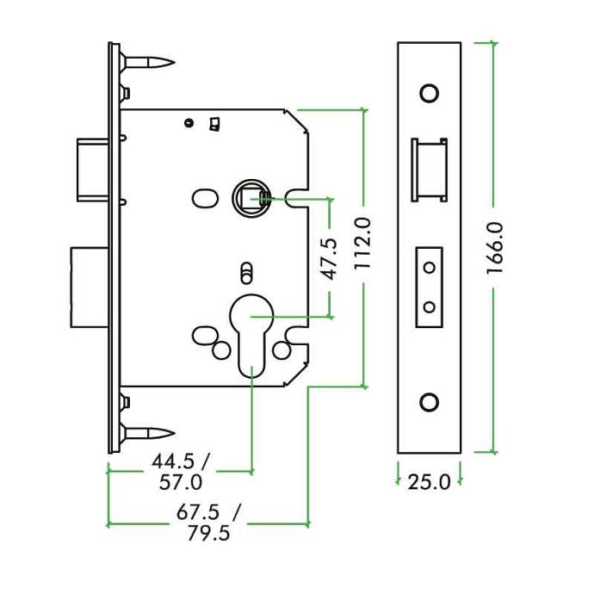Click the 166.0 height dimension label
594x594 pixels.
click(x=495, y=248)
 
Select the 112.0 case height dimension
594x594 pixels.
click(x=362, y=244)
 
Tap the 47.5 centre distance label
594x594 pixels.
click(x=329, y=259)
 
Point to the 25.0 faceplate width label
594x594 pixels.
click(x=430, y=482)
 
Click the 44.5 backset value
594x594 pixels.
click(x=174, y=461)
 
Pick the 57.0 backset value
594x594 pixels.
click(x=181, y=482)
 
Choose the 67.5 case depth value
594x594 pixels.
click(x=198, y=512)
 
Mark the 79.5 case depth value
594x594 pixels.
click(x=208, y=534)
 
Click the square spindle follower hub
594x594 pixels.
click(x=251, y=198)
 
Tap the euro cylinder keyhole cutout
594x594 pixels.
click(x=251, y=335)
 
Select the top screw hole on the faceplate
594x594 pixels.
click(x=430, y=93)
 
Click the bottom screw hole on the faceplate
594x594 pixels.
click(x=430, y=402)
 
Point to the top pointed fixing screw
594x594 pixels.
click(x=148, y=62)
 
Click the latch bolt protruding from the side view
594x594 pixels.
click(x=93, y=170)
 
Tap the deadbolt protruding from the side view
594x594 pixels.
click(x=90, y=288)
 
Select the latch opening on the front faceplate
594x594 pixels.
click(x=430, y=170)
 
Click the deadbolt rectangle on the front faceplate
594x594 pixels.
click(x=430, y=288)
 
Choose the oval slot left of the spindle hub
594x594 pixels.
click(x=205, y=199)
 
